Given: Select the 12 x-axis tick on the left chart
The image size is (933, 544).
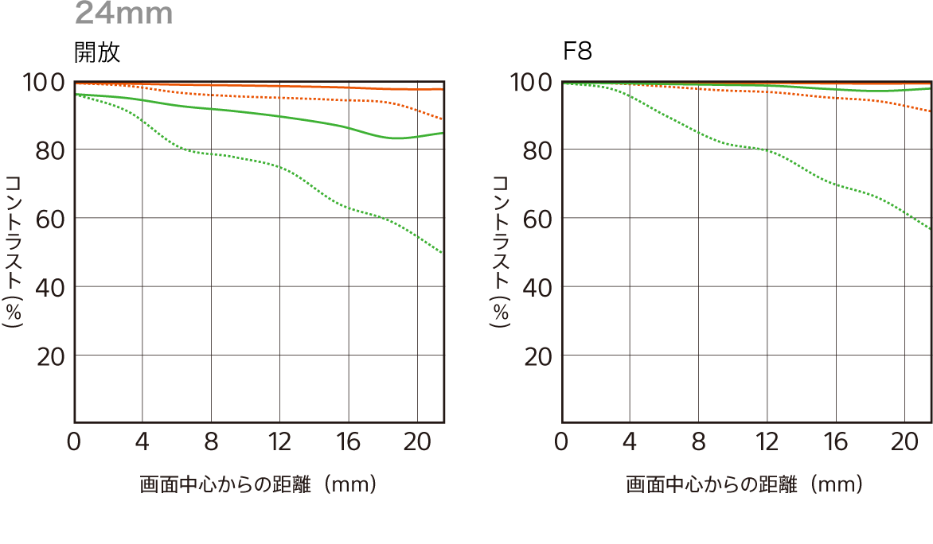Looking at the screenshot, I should point(279,442).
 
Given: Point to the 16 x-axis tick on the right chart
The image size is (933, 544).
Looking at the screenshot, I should point(834,442).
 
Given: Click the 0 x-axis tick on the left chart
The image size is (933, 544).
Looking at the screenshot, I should point(74,442).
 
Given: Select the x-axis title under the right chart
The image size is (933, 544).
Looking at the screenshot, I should point(744,484).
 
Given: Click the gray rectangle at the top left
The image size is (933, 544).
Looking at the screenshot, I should point(123,11).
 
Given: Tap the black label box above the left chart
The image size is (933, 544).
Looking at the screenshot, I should point(97,52).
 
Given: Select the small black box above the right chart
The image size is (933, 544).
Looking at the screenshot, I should point(578,50).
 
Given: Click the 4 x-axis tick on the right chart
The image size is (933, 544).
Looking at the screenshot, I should point(630,442).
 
